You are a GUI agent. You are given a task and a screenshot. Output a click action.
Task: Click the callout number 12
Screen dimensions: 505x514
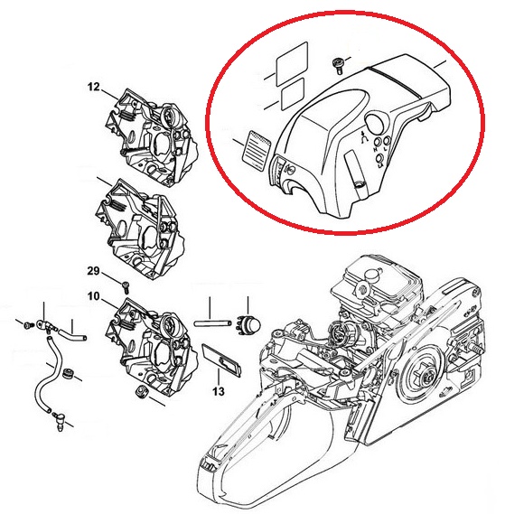[x=93, y=87]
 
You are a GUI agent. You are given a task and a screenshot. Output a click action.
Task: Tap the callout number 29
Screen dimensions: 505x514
[x=93, y=271]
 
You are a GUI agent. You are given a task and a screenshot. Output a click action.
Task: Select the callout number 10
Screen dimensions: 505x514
[x=93, y=296]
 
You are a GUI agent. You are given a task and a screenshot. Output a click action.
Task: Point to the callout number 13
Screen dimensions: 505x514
[x=219, y=391]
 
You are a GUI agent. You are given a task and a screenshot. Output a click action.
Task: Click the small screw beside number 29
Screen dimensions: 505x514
[x=126, y=287]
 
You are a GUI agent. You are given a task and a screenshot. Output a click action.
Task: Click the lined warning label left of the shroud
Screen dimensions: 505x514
[x=257, y=150]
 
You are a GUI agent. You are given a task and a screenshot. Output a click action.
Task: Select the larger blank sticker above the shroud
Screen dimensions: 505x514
[x=292, y=63]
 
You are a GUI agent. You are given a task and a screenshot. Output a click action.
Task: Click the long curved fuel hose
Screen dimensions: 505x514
[x=51, y=377]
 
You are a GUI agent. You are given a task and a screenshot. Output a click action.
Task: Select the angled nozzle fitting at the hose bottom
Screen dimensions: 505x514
[x=59, y=421]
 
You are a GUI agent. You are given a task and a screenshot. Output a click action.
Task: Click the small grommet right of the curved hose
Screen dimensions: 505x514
[x=68, y=373]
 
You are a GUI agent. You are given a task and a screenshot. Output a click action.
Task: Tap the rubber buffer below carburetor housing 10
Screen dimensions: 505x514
[x=142, y=391]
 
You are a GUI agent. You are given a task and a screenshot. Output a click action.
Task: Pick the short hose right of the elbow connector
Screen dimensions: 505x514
[x=72, y=336]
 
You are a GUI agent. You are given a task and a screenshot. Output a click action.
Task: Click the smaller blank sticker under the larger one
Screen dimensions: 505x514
[x=293, y=95]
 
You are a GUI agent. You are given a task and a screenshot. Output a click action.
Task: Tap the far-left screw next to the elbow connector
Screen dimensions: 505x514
[x=29, y=325]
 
